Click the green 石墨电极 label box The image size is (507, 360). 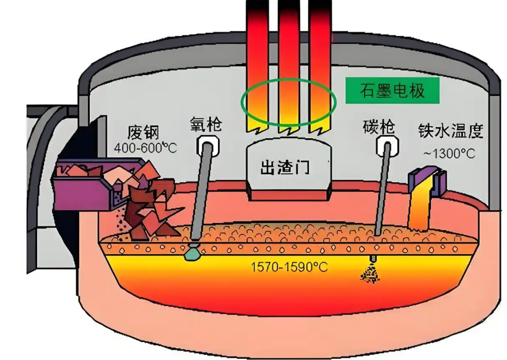click(x=392, y=90)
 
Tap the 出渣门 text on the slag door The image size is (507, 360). click(x=285, y=168)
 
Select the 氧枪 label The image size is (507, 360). click(x=206, y=124)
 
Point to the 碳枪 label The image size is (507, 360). click(x=379, y=127)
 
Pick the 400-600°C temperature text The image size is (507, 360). click(x=145, y=148)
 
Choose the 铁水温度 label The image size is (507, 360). click(x=451, y=131)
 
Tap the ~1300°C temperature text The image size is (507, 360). click(x=449, y=154)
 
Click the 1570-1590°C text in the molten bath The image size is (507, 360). click(x=289, y=268)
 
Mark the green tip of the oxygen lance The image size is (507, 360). click(x=193, y=253)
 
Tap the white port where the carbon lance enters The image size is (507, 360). click(x=388, y=145)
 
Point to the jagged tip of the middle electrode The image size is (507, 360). click(x=289, y=130)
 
